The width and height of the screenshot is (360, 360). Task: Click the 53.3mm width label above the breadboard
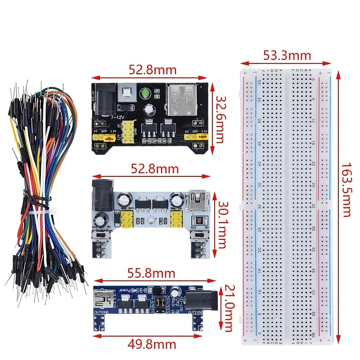[x=287, y=56]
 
